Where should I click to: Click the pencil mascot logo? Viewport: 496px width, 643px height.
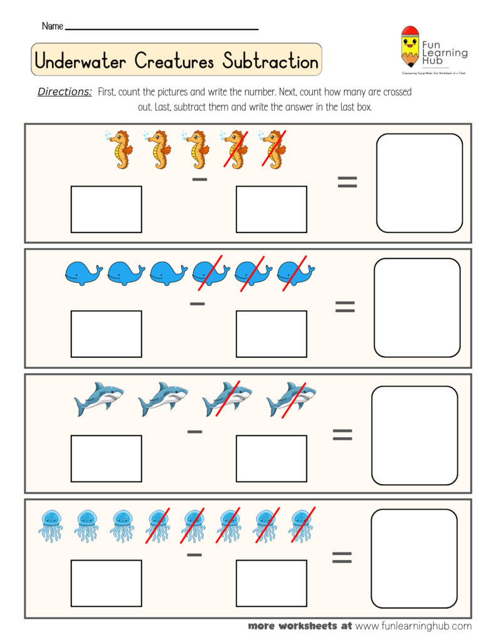pyautogui.click(x=410, y=48)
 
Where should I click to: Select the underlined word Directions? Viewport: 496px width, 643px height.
pyautogui.click(x=65, y=92)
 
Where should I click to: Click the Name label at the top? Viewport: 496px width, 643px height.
pyautogui.click(x=52, y=26)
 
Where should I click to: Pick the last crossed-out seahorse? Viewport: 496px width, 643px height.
pyautogui.click(x=273, y=149)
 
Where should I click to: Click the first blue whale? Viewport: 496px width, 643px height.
pyautogui.click(x=83, y=274)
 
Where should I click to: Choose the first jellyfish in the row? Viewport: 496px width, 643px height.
pyautogui.click(x=51, y=525)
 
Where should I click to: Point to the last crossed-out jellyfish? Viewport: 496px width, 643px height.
pyautogui.click(x=302, y=525)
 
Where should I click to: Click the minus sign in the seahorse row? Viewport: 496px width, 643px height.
pyautogui.click(x=199, y=180)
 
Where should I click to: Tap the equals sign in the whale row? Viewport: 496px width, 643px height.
pyautogui.click(x=345, y=306)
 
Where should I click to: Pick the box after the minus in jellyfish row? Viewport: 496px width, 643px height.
pyautogui.click(x=271, y=583)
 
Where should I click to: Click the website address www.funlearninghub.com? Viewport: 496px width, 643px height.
pyautogui.click(x=413, y=626)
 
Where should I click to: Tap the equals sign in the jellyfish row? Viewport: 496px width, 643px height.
pyautogui.click(x=342, y=557)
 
